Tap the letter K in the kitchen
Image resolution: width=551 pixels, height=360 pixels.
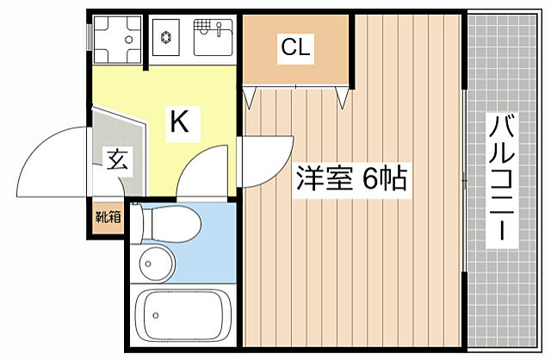[x=178, y=121]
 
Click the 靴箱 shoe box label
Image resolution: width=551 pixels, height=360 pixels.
[x=108, y=216]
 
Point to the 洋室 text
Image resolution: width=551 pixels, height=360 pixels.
[x=325, y=178]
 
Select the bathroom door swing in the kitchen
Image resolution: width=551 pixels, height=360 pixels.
[x=205, y=168]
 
